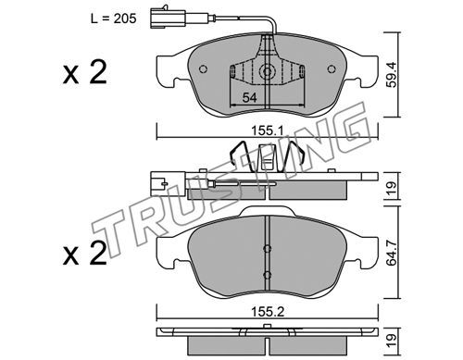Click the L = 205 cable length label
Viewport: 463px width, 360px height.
pos(113,19)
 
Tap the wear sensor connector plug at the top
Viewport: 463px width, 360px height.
pos(168,18)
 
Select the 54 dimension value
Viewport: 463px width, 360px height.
pos(249,98)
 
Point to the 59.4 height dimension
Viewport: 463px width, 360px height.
pos(392,75)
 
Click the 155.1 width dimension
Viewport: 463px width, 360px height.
pos(268,131)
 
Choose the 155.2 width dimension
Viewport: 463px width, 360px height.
pos(268,312)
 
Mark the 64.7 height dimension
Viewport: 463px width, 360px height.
pos(392,252)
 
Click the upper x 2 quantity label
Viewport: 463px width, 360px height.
pos(85,72)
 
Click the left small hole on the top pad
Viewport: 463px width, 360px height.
pos(203,69)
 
